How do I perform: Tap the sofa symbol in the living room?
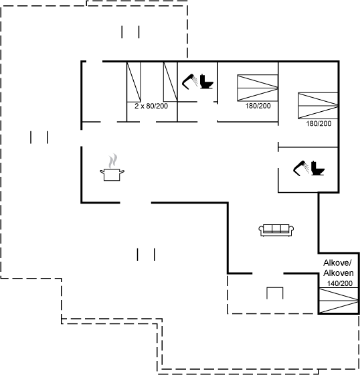tap(276, 230)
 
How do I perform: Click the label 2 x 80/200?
tap(151, 106)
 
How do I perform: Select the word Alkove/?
tap(337, 263)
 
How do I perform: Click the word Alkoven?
tap(338, 273)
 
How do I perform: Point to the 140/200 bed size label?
tap(340, 283)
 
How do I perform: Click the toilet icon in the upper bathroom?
tap(207, 82)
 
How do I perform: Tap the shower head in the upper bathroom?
tap(190, 82)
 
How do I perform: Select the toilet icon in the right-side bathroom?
tap(318, 168)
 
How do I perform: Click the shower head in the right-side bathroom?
tap(301, 168)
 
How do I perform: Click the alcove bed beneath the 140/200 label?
tap(339, 300)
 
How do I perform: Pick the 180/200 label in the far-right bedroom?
tap(319, 124)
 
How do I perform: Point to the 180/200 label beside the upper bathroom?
tap(258, 106)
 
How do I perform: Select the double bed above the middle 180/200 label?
tap(258, 88)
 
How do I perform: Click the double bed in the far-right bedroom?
tap(318, 106)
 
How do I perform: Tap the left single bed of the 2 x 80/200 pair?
tap(134, 82)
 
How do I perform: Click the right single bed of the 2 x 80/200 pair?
tap(171, 82)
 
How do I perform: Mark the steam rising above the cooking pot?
tap(113, 161)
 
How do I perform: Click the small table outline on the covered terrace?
tap(275, 293)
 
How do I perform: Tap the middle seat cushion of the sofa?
tap(276, 228)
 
